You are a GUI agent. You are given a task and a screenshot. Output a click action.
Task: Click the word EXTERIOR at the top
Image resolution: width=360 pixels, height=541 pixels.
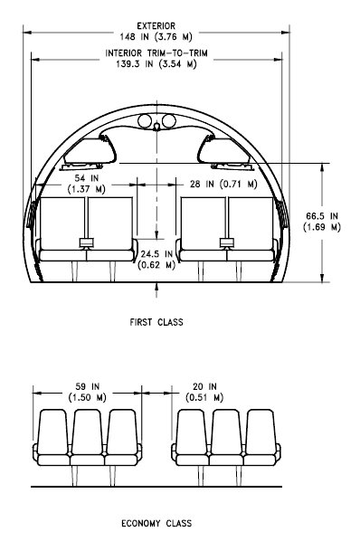coord(156,26)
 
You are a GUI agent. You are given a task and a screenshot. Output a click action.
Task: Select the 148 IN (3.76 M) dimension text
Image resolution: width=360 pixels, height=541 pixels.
coord(156,36)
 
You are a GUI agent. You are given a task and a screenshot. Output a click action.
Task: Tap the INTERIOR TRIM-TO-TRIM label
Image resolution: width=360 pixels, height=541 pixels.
coord(156,53)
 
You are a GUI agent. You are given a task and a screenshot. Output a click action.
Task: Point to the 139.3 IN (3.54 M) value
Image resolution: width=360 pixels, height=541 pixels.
coord(156,64)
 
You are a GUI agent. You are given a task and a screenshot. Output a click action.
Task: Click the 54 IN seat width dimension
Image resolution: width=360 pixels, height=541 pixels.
coord(87,184)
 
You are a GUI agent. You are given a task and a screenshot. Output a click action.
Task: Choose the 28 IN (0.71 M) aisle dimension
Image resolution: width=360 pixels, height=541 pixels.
coord(223,184)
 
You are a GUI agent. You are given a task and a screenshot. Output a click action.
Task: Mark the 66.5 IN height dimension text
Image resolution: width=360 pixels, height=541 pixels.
coord(322,222)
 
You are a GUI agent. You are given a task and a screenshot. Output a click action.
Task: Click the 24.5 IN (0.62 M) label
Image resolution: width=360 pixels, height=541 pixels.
coord(156,260)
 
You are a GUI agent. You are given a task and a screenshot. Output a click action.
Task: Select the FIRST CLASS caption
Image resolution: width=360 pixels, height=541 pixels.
coord(156,322)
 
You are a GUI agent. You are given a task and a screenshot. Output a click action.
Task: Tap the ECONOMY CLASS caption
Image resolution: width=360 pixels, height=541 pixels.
coord(156,524)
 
